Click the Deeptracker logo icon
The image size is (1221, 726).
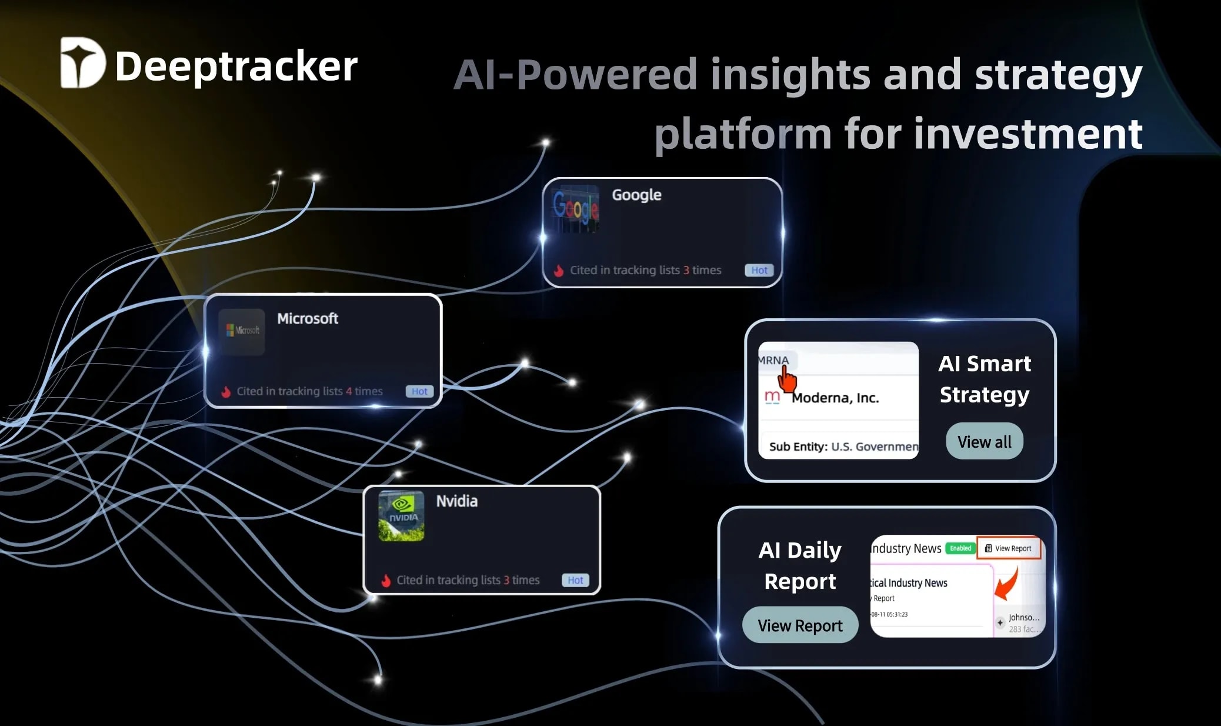(82, 63)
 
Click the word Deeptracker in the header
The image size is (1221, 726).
(236, 66)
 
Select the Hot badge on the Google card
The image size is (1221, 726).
(759, 270)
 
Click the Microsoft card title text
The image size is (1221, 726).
(308, 318)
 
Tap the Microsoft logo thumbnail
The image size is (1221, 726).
(242, 331)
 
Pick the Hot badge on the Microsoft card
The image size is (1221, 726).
(419, 391)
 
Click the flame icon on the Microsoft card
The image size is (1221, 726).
(226, 392)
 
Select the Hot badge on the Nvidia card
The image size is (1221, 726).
(575, 580)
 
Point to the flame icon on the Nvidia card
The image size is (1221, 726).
(386, 581)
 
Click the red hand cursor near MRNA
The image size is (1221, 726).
(787, 379)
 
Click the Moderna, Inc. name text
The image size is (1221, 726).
(835, 398)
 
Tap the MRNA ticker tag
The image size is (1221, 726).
(773, 360)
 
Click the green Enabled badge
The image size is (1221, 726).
(960, 548)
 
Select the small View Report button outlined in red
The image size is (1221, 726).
(1008, 548)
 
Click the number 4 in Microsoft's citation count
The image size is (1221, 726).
(349, 391)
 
